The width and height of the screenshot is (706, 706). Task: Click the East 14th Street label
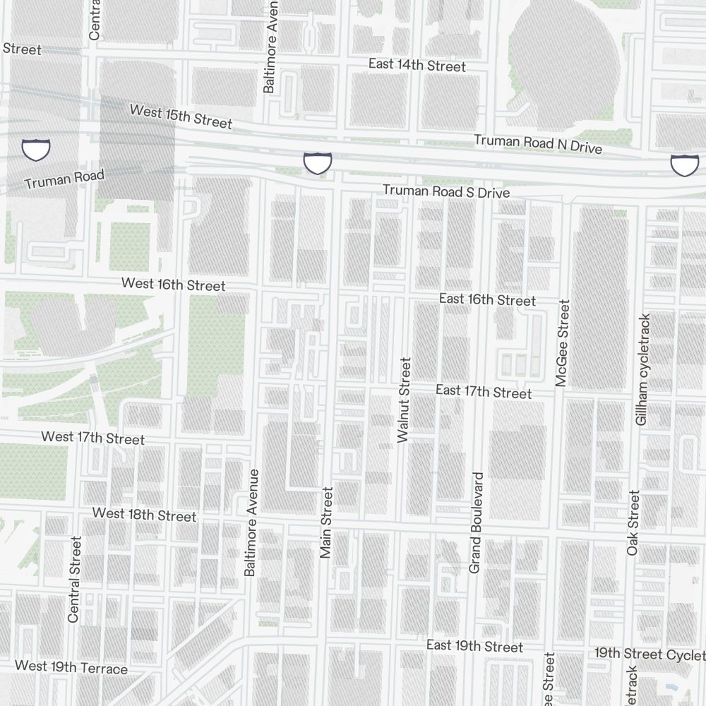(417, 66)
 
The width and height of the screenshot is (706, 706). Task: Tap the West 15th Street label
(181, 117)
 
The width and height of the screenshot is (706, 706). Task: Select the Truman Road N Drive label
(538, 144)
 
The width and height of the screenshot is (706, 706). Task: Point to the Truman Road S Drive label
(445, 191)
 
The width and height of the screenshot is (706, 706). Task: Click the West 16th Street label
(173, 285)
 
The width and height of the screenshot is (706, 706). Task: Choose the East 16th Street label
(487, 299)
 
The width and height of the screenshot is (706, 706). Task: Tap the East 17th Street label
(484, 391)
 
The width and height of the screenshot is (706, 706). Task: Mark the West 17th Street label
(92, 438)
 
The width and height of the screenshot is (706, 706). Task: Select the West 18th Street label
(144, 515)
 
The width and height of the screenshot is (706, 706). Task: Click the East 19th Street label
(474, 647)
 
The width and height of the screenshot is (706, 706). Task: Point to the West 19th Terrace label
(71, 667)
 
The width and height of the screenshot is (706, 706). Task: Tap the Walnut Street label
(404, 400)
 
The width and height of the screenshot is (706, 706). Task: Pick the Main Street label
(325, 522)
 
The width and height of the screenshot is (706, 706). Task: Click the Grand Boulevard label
(476, 522)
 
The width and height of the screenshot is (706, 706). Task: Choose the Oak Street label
(633, 522)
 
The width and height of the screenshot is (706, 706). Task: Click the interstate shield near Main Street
(318, 162)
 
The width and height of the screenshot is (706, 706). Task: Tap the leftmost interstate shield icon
(36, 150)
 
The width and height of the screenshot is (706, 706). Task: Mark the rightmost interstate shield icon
(683, 165)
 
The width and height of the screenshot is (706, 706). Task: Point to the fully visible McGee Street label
(562, 344)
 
